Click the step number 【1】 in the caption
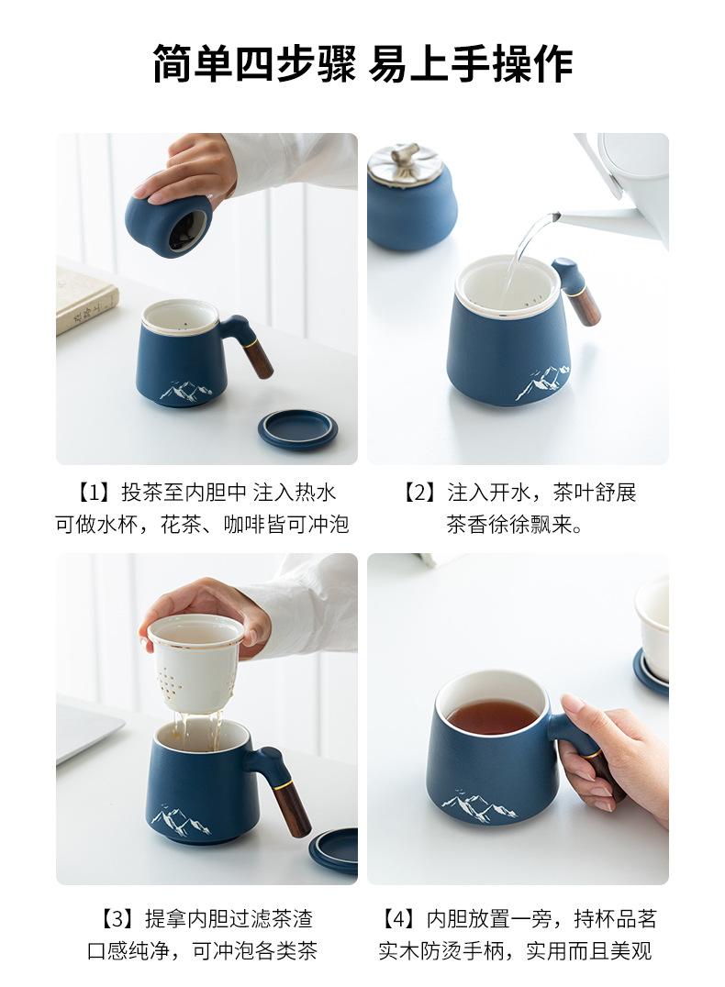coord(94,493)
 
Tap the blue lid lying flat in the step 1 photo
coord(297,429)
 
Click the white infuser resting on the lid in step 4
coord(652,615)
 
